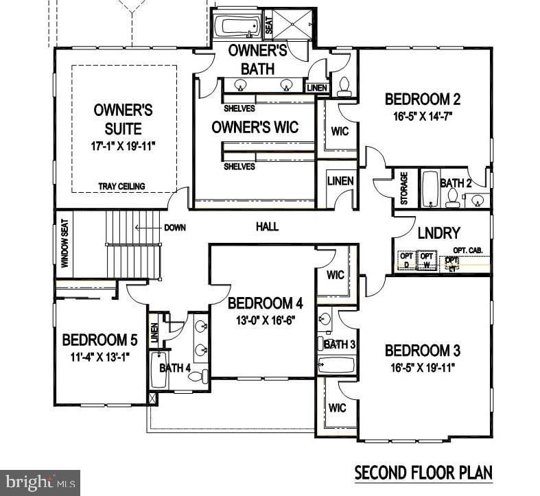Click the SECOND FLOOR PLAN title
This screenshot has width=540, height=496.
tap(423, 473)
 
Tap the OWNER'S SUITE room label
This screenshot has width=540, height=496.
tap(124, 119)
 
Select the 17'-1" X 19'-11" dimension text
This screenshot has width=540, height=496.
tap(124, 146)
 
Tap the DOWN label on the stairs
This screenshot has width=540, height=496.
tap(175, 228)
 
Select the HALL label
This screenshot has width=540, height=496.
tap(267, 226)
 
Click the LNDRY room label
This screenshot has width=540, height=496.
tap(438, 233)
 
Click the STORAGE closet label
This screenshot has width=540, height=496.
tap(404, 188)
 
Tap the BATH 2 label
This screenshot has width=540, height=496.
tap(456, 183)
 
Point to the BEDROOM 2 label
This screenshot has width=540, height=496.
tap(421, 98)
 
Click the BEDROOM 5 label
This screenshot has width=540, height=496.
tap(100, 340)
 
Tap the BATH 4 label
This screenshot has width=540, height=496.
tap(175, 368)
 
